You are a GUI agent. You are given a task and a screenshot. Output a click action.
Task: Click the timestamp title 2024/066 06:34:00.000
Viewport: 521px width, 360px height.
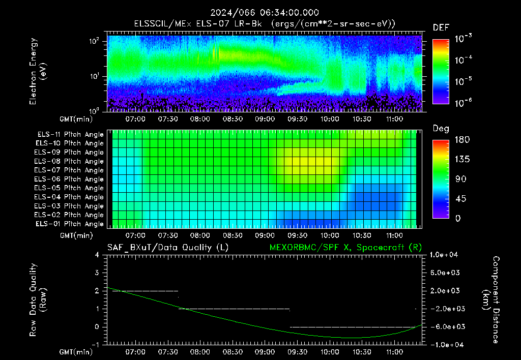click(265, 13)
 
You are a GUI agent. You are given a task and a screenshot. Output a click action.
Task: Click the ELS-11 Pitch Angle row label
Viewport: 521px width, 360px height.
click(70, 135)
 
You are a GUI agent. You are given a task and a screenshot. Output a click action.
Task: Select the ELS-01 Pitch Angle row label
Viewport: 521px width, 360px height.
click(70, 224)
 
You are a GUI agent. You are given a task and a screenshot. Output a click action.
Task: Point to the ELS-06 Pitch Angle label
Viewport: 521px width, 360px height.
click(69, 179)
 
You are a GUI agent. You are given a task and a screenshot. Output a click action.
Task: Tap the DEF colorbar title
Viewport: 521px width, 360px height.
click(441, 27)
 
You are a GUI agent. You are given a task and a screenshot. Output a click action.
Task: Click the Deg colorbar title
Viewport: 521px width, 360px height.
click(441, 129)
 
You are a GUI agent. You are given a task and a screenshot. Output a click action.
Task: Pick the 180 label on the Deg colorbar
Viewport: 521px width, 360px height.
click(462, 139)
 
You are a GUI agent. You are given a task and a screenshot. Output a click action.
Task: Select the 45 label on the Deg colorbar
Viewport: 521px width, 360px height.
click(460, 199)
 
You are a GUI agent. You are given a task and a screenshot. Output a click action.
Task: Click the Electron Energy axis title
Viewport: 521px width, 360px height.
click(38, 71)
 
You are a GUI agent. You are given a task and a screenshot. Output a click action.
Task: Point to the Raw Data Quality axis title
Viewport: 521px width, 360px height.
click(38, 300)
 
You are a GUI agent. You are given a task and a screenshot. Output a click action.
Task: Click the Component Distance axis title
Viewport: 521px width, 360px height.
click(491, 300)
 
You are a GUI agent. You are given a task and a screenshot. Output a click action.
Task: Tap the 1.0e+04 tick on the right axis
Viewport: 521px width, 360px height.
click(444, 255)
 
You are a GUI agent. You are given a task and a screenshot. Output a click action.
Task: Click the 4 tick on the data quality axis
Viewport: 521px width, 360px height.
click(97, 255)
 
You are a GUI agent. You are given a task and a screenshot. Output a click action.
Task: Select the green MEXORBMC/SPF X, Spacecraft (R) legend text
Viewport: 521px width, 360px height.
click(345, 248)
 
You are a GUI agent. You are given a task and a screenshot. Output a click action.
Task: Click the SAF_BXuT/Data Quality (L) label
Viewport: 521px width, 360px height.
click(168, 248)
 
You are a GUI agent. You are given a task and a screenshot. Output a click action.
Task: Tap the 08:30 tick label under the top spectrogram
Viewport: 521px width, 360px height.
click(232, 119)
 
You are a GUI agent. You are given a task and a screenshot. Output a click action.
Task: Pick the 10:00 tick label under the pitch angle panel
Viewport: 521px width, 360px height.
click(330, 235)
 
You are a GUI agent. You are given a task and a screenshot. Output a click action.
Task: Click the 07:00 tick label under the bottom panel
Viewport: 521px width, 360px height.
click(135, 352)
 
